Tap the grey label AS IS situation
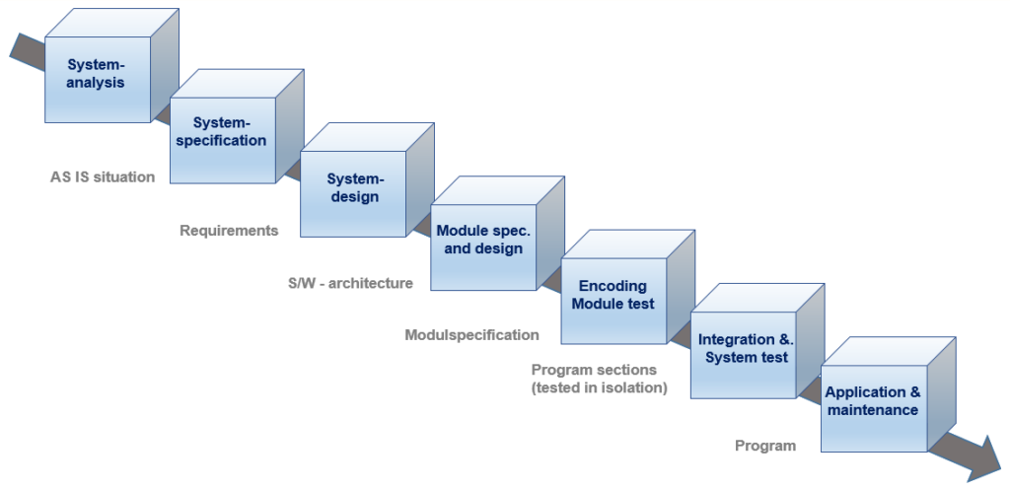(x=103, y=176)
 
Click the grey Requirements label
(x=229, y=231)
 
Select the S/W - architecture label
(x=350, y=283)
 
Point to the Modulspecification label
(x=472, y=335)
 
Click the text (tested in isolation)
(x=599, y=388)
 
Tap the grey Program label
(x=765, y=446)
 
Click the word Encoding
(x=613, y=286)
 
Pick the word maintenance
(x=873, y=409)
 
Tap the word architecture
(x=371, y=283)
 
